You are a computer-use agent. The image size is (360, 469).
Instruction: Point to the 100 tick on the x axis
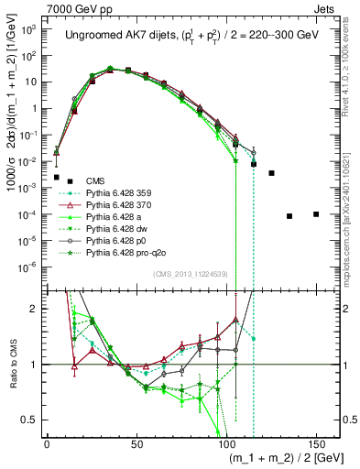click(x=226, y=442)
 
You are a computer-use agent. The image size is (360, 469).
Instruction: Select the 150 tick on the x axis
click(x=316, y=442)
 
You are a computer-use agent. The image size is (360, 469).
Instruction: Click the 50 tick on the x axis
click(x=136, y=442)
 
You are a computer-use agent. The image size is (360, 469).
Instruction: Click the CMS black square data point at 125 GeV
click(x=271, y=172)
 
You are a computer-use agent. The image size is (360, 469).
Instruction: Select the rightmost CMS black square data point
click(x=316, y=214)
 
